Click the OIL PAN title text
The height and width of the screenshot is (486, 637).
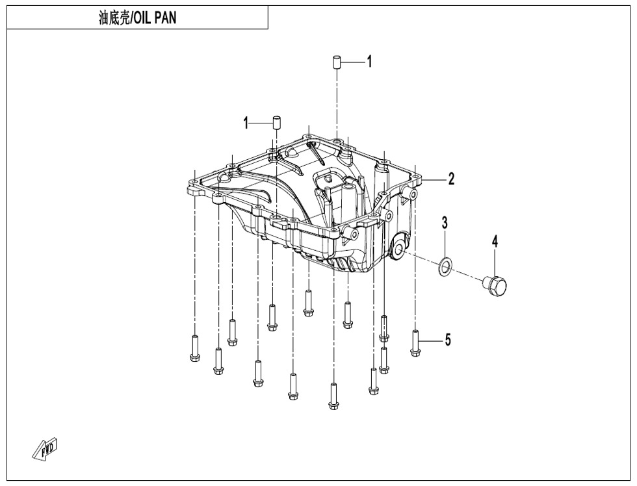155,18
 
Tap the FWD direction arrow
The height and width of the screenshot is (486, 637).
45,449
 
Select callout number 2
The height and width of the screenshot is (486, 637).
451,179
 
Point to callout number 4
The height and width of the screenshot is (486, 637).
495,241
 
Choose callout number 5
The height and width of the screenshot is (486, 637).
448,339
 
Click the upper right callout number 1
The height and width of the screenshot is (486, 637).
369,62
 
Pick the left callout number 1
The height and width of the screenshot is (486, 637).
246,123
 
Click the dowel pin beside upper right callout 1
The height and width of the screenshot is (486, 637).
337,63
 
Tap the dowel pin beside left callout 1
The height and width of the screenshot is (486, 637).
276,122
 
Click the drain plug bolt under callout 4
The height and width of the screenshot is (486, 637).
495,286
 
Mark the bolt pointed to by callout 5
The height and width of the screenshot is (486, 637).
415,344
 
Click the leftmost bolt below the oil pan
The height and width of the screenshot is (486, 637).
194,348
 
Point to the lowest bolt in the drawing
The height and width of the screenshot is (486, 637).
333,396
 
